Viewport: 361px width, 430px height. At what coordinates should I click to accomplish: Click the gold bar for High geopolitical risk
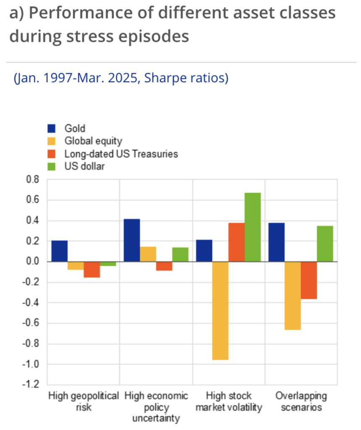59,251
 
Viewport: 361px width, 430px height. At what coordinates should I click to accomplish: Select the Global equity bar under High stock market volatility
220,311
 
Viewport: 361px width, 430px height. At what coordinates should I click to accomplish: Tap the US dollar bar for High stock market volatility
253,227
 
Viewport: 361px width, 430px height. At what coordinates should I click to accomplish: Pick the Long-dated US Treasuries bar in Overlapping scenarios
309,280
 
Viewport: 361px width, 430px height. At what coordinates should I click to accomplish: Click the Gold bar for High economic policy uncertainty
132,240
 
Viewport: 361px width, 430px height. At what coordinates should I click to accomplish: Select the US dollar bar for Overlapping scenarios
325,244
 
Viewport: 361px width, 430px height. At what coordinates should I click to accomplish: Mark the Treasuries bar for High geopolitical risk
92,270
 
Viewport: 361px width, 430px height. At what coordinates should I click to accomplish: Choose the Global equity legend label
93,141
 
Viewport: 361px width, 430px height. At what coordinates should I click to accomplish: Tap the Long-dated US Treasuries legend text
121,154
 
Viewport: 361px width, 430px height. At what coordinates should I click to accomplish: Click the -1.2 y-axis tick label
31,384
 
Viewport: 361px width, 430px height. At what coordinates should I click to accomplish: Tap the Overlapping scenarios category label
301,401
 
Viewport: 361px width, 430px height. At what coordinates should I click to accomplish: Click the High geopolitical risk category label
84,401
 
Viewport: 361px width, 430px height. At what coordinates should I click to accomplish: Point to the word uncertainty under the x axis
156,418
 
